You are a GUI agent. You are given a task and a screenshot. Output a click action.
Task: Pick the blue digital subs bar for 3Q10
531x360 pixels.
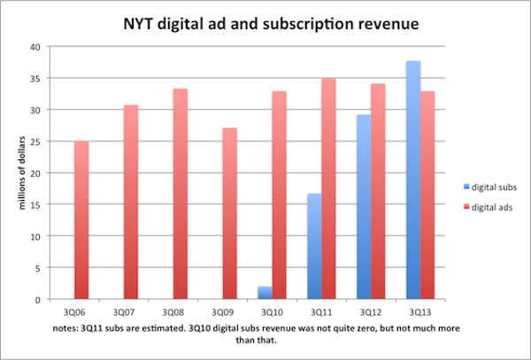(x=263, y=293)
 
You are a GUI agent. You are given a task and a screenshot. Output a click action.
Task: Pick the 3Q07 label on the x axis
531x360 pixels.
(x=124, y=311)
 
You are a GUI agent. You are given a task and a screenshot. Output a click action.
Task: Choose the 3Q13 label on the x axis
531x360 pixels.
(x=420, y=311)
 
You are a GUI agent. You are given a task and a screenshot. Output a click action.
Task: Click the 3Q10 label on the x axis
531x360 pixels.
(x=272, y=311)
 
